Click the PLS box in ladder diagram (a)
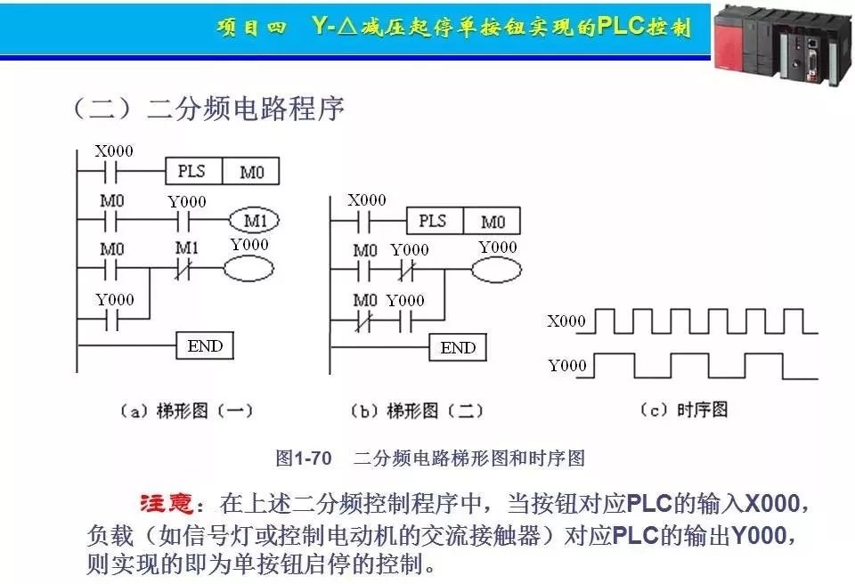[x=192, y=171]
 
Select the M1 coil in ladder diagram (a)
[x=254, y=220]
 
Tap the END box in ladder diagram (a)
[x=205, y=345]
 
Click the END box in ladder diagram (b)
[x=458, y=348]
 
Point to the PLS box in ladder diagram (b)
[x=434, y=221]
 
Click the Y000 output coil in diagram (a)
[x=248, y=269]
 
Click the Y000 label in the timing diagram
[x=566, y=365]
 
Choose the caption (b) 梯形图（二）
[x=416, y=410]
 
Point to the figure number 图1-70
[x=304, y=458]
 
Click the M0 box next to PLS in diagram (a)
[x=251, y=171]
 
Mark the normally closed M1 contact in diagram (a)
[x=186, y=268]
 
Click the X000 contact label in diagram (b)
[x=366, y=200]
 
